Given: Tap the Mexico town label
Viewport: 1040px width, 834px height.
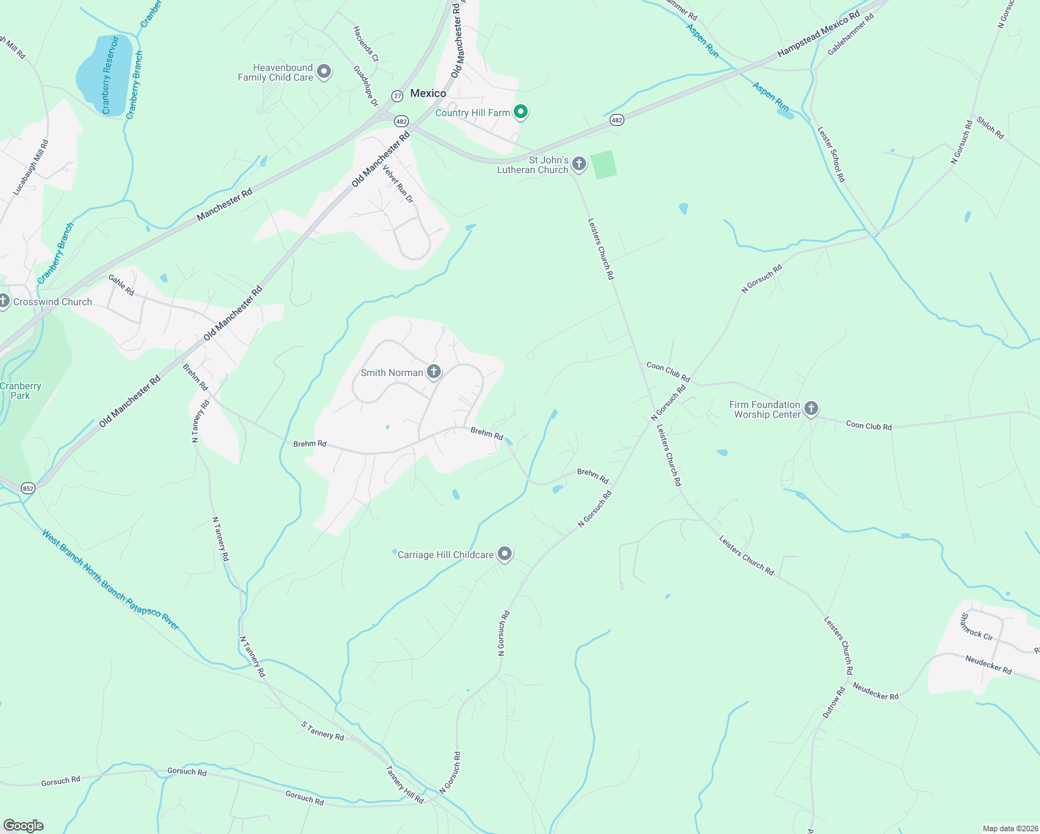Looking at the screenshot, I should click(428, 93).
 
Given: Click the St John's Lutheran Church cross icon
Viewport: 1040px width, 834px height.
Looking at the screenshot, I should click(579, 164).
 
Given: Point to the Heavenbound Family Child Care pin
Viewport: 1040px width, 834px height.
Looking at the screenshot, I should click(324, 72).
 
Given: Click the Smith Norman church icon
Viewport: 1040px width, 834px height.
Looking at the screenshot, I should click(434, 372).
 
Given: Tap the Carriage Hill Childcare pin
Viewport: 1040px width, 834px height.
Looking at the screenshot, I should click(505, 554).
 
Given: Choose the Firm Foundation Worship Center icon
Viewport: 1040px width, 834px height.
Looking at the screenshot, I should click(811, 409).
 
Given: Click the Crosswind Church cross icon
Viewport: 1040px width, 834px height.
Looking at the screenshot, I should click(3, 301).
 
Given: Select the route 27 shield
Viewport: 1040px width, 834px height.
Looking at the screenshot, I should click(397, 95).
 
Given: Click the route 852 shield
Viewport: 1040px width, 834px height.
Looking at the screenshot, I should click(28, 488).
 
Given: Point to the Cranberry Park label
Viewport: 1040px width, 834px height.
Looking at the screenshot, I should click(21, 391).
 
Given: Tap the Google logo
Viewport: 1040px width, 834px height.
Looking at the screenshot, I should click(24, 826).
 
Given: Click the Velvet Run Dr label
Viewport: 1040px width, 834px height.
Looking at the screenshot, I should click(398, 183).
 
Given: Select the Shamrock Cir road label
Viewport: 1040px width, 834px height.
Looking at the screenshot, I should click(976, 626).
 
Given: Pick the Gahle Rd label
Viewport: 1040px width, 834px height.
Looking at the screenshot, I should click(121, 285).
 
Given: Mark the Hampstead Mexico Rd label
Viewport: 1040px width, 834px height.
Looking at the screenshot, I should click(818, 33).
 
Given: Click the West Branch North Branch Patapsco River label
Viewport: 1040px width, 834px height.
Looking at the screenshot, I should click(111, 580).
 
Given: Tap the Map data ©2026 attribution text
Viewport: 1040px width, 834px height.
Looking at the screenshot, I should click(1009, 828).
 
